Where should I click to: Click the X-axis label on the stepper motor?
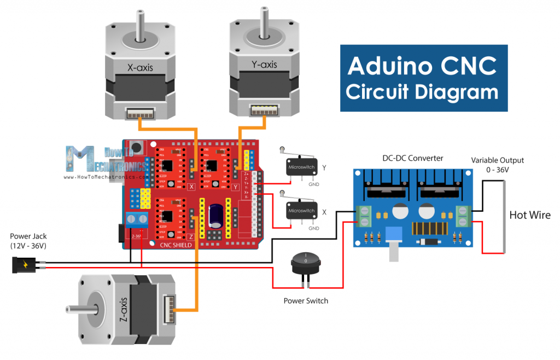pyautogui.click(x=140, y=68)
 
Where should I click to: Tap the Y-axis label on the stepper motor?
pyautogui.click(x=264, y=65)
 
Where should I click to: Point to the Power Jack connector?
pyautogui.click(x=24, y=265)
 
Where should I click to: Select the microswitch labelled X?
pyautogui.click(x=301, y=210)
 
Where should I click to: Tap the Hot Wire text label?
pyautogui.click(x=530, y=215)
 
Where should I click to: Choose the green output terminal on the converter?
pyautogui.click(x=463, y=215)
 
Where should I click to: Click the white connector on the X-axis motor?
pyautogui.click(x=140, y=113)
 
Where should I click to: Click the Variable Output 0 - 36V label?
pyautogui.click(x=498, y=165)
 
